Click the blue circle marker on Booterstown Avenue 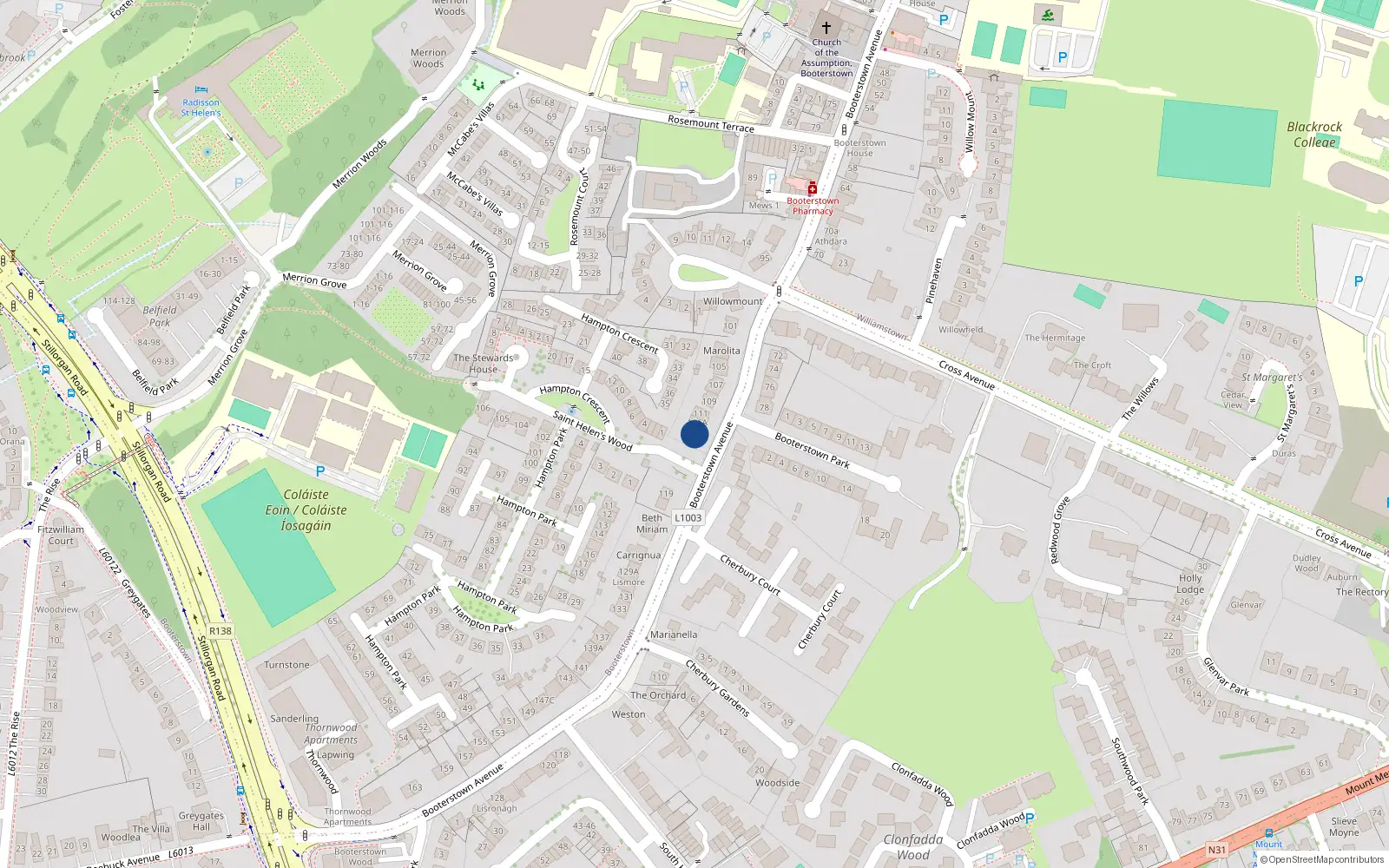694,434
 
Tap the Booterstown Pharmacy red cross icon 813,188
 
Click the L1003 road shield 688,518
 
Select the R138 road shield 221,631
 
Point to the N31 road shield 1217,851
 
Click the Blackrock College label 1314,135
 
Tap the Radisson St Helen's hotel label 201,108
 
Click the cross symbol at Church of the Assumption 826,28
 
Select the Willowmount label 733,302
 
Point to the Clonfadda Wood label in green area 912,847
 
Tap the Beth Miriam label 652,523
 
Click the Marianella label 674,635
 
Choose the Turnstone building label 286,665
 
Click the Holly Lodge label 1190,583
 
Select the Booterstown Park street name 812,450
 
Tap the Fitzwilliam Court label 61,535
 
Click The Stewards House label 484,363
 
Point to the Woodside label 777,783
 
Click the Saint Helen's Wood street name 593,431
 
